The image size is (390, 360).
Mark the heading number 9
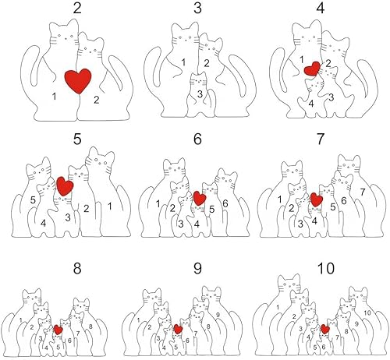195,270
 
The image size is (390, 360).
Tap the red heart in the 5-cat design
66,186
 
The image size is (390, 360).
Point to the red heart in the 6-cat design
200,199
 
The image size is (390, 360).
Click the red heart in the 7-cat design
316,200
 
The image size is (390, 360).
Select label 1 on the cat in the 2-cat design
54,96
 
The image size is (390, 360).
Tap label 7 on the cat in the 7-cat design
361,191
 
